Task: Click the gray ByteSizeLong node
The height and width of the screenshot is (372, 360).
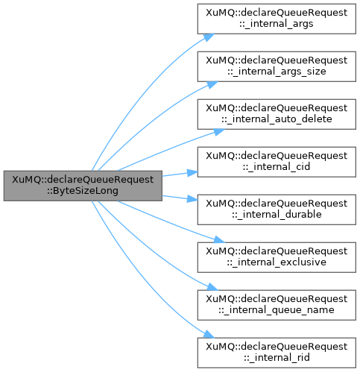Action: tap(83, 186)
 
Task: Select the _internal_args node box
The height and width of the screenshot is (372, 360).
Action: tap(277, 19)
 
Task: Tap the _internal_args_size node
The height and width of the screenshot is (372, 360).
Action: tap(277, 66)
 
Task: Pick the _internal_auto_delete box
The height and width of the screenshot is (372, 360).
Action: tap(277, 114)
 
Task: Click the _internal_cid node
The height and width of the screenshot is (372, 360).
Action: tap(277, 162)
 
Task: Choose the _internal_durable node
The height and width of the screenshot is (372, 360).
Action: tap(277, 209)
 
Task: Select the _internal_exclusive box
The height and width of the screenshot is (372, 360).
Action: tap(277, 257)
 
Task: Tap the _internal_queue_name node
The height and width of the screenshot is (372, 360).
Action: tap(277, 305)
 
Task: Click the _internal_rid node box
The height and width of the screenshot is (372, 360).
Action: tap(277, 353)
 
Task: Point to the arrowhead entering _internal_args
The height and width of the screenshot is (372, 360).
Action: tap(209, 37)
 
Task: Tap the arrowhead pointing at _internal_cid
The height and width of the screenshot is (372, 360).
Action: tap(193, 172)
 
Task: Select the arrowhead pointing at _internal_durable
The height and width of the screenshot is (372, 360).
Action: tap(193, 199)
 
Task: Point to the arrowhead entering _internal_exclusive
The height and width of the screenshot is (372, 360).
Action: tap(219, 240)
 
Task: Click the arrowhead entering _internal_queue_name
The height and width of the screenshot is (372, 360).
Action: tap(212, 287)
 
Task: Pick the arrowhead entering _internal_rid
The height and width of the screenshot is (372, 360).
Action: tap(209, 334)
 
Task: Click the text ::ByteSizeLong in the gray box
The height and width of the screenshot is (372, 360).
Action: tap(83, 191)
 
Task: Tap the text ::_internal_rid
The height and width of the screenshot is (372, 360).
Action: tap(277, 358)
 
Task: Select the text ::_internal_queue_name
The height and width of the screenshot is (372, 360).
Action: tap(277, 310)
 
